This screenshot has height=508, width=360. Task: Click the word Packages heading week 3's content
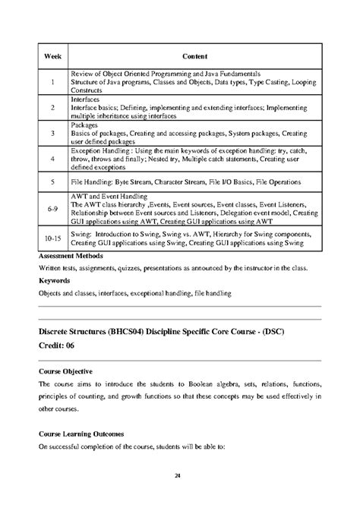(x=84, y=125)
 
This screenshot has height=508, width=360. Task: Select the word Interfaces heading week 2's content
(x=85, y=99)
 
